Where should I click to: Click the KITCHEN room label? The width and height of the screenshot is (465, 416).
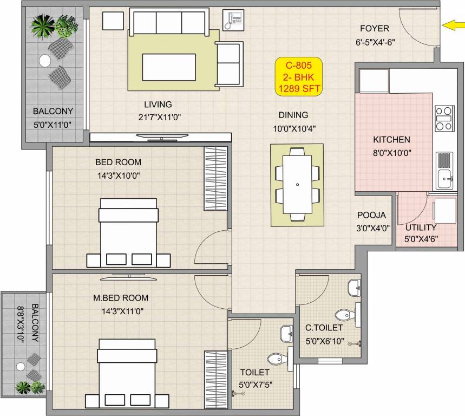pos(391,140)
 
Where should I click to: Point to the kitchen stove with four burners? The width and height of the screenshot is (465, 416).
pos(444,119)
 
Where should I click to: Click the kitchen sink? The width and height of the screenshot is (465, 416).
pos(443,177)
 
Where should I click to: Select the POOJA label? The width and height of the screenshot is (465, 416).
pos(371,214)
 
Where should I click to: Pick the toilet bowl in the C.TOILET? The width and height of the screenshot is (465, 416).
pos(344,315)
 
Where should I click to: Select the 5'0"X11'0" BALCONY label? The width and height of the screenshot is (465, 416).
pos(53,118)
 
